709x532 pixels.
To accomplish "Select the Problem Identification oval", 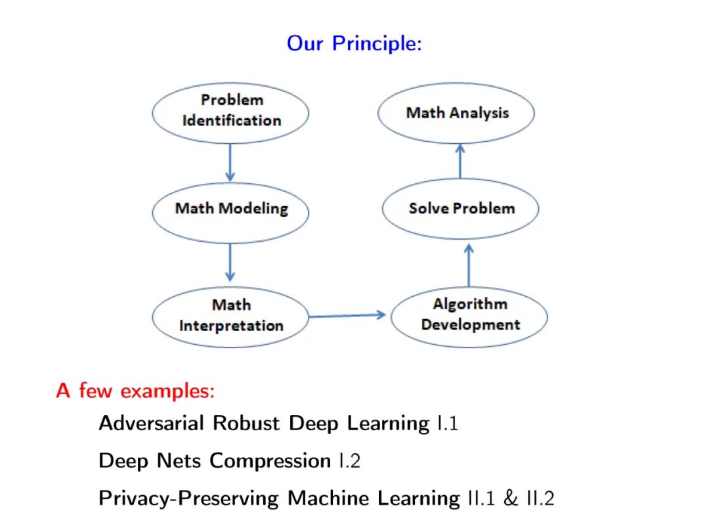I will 231,112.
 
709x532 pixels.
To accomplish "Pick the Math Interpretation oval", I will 231,316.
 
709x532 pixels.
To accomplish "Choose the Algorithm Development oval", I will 469,315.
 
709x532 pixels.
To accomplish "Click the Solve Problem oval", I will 461,209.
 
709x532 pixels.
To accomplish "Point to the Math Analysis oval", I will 457,113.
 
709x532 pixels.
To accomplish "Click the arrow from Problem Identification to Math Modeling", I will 230,162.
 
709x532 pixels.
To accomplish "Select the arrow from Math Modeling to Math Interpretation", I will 230,262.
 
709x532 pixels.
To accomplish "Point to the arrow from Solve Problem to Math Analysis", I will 460,161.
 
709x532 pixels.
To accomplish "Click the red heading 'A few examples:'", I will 136,391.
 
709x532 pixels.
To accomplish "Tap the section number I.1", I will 446,423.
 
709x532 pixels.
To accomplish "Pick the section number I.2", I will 349,461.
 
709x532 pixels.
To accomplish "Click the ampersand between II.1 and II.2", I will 511,499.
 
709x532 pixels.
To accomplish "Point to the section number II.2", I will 540,499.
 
